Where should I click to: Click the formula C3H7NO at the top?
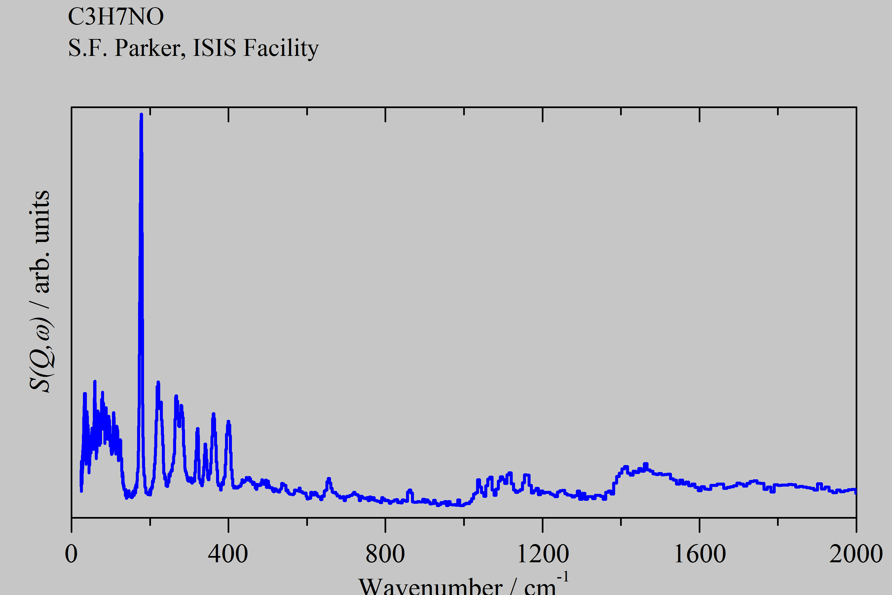tap(116, 17)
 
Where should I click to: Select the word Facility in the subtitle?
tap(280, 49)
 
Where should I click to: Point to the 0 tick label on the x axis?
tap(71, 554)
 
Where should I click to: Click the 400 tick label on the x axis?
tap(228, 554)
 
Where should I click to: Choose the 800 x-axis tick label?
tap(385, 554)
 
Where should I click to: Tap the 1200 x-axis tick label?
tap(543, 554)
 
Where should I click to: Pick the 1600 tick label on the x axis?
tap(700, 554)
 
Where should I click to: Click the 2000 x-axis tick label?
tap(856, 554)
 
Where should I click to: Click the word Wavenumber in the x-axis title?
tap(430, 587)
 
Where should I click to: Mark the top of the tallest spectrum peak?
tap(141, 115)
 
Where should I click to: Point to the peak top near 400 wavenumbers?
tap(228, 422)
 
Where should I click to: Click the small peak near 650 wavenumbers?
tap(329, 479)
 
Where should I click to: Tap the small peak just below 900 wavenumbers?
tap(410, 491)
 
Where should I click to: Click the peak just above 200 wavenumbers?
tap(158, 382)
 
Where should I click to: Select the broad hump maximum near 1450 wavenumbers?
tap(646, 464)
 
